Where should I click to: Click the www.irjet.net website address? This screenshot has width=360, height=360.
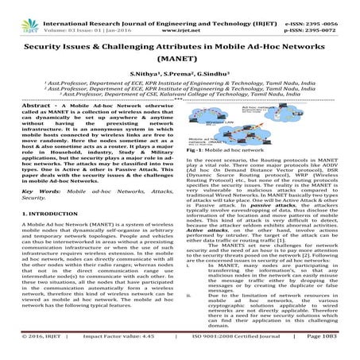pos(181,14)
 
